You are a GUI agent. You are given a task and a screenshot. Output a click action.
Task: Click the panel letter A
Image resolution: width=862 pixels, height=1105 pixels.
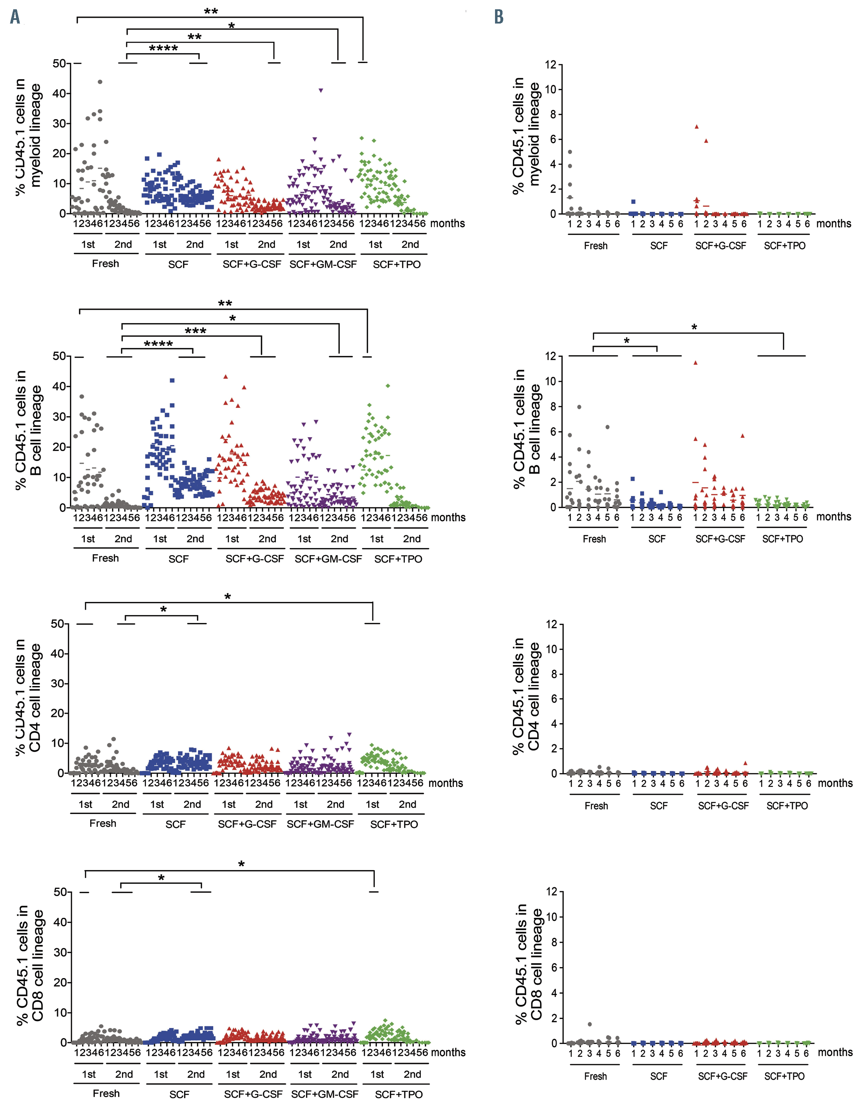point(15,17)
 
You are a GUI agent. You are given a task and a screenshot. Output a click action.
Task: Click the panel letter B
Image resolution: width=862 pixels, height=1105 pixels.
point(499,17)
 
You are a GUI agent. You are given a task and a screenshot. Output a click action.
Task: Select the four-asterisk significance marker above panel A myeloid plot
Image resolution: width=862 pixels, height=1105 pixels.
point(163,48)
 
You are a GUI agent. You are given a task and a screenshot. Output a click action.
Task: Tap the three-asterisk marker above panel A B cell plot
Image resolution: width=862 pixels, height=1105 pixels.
point(195,331)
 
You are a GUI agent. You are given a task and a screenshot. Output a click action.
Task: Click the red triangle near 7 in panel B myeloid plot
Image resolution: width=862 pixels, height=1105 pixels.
point(697,127)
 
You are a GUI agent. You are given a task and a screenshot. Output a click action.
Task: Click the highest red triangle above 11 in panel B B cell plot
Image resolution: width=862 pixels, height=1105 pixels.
point(696,363)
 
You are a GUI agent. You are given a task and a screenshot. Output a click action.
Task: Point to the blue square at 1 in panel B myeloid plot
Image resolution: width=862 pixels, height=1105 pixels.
point(633,202)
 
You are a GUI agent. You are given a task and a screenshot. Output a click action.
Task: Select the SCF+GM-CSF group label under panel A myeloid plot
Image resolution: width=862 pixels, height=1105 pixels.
point(323,265)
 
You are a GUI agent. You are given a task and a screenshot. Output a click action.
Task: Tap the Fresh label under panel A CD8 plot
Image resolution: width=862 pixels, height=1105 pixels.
point(106,1093)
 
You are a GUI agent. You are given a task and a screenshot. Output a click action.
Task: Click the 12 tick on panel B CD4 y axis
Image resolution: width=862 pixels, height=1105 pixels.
point(551,624)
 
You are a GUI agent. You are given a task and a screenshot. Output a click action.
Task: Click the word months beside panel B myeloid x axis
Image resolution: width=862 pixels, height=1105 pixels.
point(834,224)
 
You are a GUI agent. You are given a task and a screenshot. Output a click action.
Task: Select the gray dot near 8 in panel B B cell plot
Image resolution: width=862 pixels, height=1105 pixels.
point(579,407)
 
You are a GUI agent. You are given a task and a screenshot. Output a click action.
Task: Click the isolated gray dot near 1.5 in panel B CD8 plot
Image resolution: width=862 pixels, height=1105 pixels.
point(590,1024)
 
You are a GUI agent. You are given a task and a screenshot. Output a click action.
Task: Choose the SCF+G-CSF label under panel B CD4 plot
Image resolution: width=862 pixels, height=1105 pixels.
point(723,806)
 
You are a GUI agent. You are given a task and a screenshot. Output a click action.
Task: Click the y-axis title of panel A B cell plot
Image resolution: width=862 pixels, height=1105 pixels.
point(28,430)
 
